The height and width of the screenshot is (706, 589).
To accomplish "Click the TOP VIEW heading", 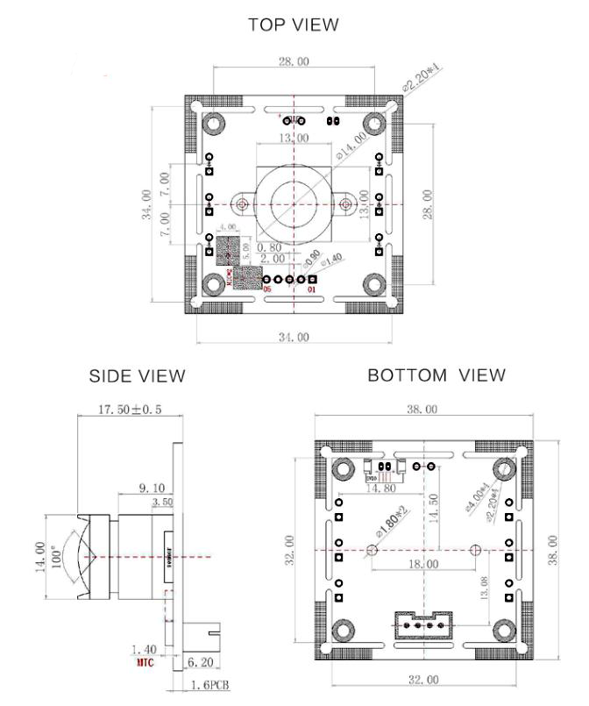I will coord(294,25).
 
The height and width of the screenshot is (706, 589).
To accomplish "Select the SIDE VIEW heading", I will coord(138,375).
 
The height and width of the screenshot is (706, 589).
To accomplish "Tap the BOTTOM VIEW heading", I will coord(436,375).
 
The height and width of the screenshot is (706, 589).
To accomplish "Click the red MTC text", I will coord(144,662).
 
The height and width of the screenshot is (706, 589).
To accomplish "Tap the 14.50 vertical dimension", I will coord(436,509).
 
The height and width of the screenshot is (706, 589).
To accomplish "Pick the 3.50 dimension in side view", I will coord(163,502).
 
